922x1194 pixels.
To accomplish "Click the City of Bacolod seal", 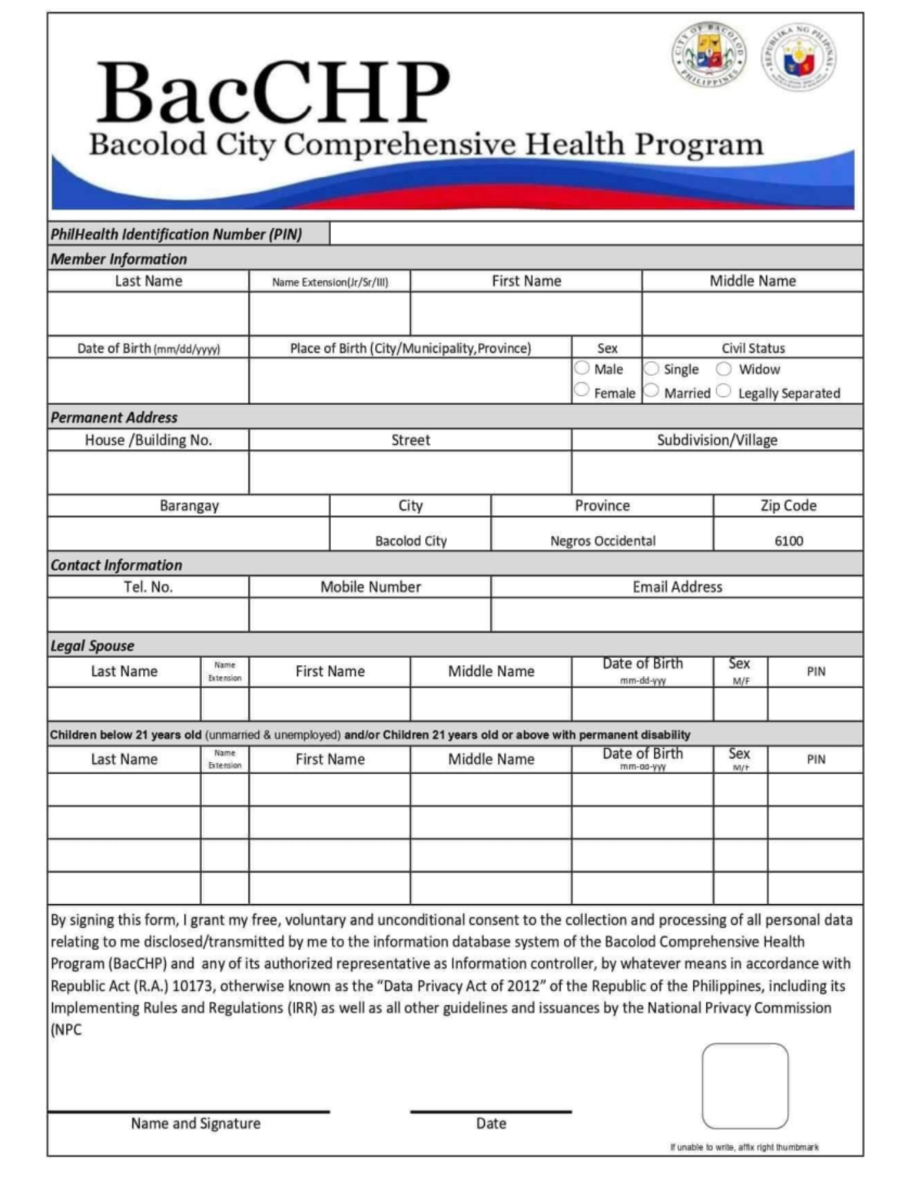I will [x=708, y=55].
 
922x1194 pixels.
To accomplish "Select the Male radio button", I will [x=582, y=368].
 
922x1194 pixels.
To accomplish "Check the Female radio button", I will [x=582, y=391].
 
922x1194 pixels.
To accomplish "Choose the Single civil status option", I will [x=652, y=368].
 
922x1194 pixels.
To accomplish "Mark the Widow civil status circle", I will [x=724, y=368].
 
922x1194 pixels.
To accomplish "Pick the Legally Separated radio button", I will [x=724, y=391].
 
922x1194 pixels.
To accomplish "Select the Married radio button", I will [x=652, y=391].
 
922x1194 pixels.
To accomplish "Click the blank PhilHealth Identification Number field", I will [x=595, y=234].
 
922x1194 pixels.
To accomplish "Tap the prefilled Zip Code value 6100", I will [x=788, y=540].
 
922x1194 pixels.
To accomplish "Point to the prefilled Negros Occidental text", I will [x=602, y=540].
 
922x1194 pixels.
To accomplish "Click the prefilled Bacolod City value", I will [x=410, y=540].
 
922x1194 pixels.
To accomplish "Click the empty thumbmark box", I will [x=745, y=1086].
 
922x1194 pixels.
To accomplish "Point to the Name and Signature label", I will [x=195, y=1123].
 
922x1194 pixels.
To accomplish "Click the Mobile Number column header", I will [x=370, y=587].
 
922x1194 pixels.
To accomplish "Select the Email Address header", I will [x=677, y=587].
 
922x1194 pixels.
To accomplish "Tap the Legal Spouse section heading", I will [x=92, y=646].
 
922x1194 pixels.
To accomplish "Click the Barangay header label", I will [x=189, y=506].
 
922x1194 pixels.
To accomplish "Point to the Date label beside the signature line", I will [x=491, y=1123].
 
